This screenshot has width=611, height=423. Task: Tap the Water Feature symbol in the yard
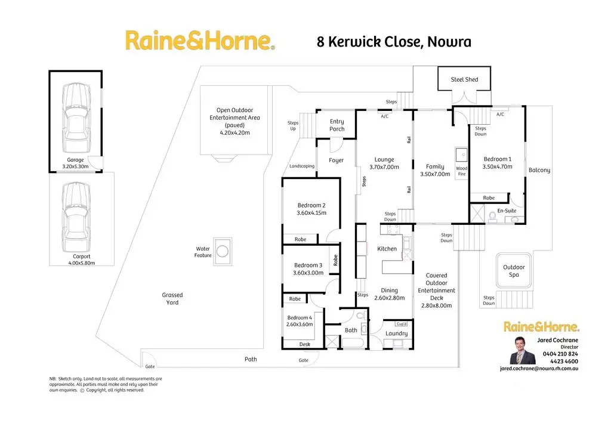223,250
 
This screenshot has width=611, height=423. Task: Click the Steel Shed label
464,79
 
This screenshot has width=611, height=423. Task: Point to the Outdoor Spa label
514,271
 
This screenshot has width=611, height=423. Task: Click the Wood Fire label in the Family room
461,172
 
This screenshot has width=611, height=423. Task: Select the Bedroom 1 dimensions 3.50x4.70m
497,167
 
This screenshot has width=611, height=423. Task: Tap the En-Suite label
507,211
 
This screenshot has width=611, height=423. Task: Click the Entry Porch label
337,125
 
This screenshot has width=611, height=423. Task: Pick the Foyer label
336,160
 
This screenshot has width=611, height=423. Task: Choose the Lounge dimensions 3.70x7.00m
384,167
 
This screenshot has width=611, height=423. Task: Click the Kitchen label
387,249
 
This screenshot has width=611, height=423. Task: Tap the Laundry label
396,334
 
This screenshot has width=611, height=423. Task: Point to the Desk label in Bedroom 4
305,344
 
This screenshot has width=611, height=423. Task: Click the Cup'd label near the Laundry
400,322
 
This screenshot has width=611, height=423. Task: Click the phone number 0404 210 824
560,354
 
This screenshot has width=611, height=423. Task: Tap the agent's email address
539,369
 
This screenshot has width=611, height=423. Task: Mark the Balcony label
539,170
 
